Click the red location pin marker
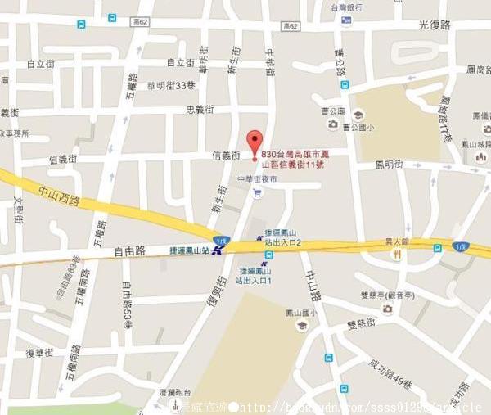pos(255,139)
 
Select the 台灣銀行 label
pos(346,7)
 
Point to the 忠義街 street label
pos(200,108)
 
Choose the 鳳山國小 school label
pos(301,312)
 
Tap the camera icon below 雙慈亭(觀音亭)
pos(387,309)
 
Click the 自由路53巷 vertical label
pos(127,305)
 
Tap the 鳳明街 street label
pos(389,164)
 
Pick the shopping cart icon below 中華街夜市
pos(257,193)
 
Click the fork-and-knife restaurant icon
pos(397,255)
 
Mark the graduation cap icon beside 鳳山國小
pos(301,326)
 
